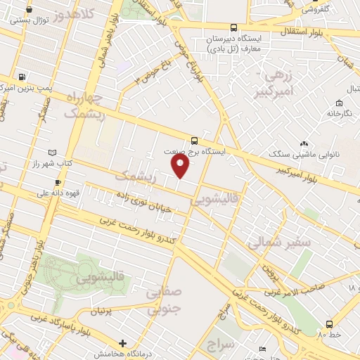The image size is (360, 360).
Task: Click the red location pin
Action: [x=181, y=165]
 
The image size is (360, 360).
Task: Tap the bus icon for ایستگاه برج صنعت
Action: [x=195, y=139]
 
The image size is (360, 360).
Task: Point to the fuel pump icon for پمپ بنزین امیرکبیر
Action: [x=23, y=77]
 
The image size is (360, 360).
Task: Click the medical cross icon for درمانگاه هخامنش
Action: [x=124, y=343]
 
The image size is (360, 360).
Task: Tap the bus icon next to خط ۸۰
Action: [x=329, y=324]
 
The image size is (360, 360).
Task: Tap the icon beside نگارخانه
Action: [x=349, y=91]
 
